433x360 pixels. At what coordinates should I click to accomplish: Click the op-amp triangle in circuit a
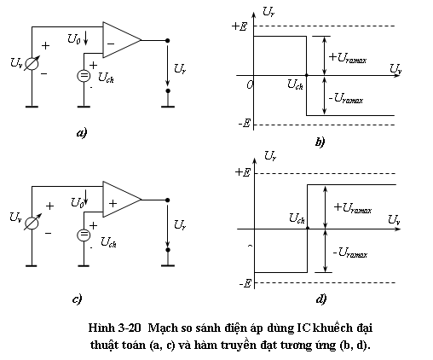pos(122,40)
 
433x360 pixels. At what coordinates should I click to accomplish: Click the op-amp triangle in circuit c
pos(122,200)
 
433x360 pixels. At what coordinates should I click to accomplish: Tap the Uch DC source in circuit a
pos(84,76)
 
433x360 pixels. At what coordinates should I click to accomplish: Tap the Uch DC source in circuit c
pos(84,235)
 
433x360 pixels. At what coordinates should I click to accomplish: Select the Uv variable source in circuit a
pos(32,64)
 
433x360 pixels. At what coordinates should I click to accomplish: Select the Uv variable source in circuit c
pos(32,223)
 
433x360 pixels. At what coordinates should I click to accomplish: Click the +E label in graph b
pos(240,26)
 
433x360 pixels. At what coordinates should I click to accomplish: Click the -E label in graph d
pos(245,283)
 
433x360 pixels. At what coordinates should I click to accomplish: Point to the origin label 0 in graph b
pos(250,84)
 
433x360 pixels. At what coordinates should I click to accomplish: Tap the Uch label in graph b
pos(295,84)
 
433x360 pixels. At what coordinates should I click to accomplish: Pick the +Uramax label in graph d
pos(353,208)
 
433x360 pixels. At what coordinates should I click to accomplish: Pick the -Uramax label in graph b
pos(346,98)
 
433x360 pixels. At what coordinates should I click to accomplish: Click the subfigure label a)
pos(82,133)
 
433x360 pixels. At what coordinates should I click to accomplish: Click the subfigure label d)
pos(321,299)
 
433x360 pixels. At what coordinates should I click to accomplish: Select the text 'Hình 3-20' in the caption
pos(114,328)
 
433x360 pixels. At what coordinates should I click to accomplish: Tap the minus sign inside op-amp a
pos(111,44)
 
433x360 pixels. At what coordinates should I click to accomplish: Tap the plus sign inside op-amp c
pos(113,203)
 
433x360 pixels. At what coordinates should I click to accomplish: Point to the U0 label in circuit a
pos(73,39)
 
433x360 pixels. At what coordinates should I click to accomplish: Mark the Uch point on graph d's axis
pos(308,229)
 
